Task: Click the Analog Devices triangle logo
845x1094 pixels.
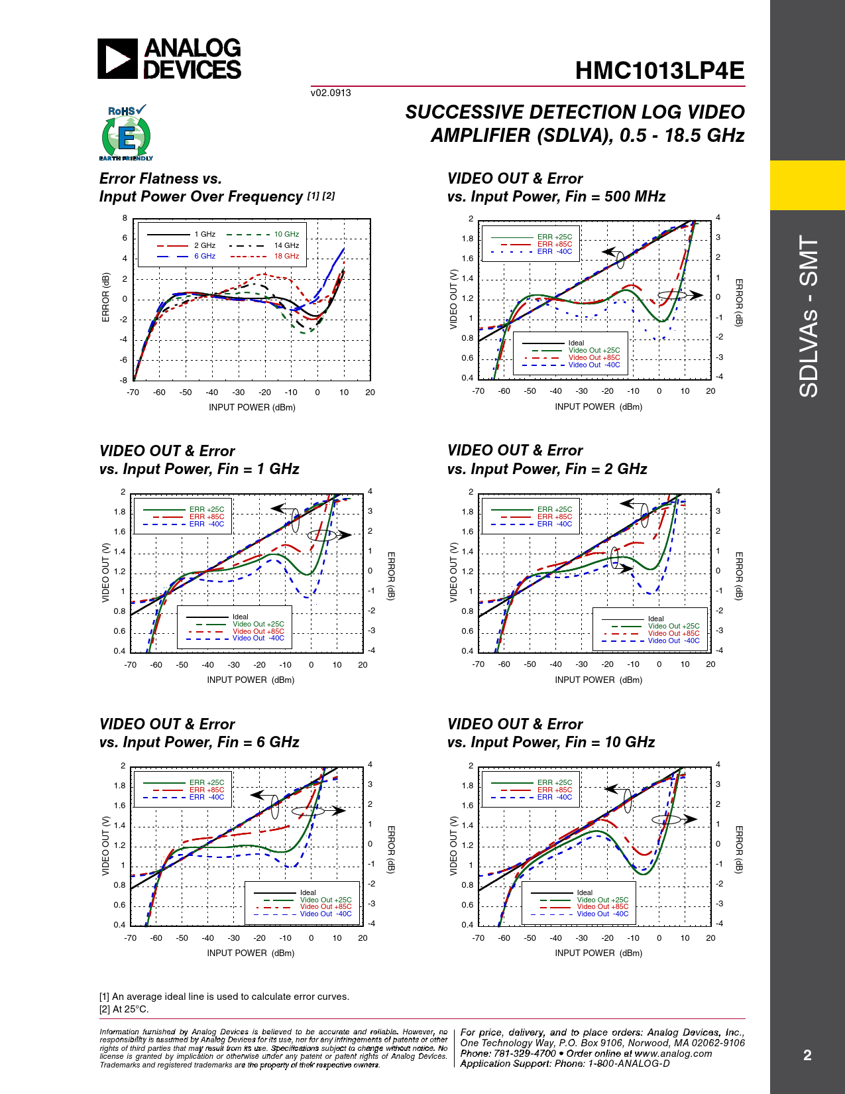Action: pyautogui.click(x=117, y=59)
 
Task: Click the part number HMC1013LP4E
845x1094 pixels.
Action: pyautogui.click(x=659, y=71)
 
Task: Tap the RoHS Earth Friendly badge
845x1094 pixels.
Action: pyautogui.click(x=126, y=133)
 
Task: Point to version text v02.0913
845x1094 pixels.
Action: pyautogui.click(x=331, y=93)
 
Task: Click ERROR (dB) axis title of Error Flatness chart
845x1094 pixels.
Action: pyautogui.click(x=106, y=298)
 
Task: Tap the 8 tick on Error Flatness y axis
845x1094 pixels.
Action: pyautogui.click(x=125, y=218)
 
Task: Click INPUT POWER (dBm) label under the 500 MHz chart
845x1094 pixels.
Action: pyautogui.click(x=598, y=406)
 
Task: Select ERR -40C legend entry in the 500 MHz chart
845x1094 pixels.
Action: pyautogui.click(x=554, y=252)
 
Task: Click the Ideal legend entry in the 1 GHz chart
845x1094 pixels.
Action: pyautogui.click(x=240, y=617)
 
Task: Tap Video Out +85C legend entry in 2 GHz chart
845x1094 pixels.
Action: pyautogui.click(x=673, y=633)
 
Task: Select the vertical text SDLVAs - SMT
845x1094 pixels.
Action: pyautogui.click(x=809, y=316)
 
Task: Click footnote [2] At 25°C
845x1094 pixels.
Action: pyautogui.click(x=125, y=1009)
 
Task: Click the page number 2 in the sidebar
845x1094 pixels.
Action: pyautogui.click(x=807, y=1055)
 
